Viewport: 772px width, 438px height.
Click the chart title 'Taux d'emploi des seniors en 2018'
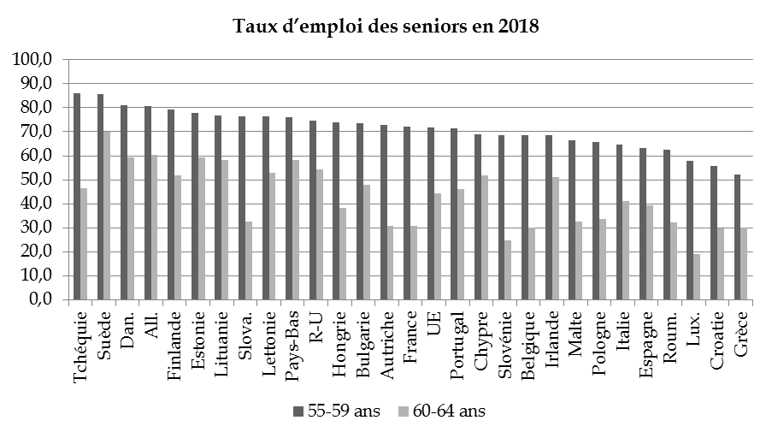[x=386, y=27]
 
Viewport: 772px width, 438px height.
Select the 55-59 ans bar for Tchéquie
[x=77, y=197]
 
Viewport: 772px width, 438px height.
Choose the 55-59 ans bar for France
[x=408, y=213]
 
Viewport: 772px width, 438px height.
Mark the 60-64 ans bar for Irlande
[x=557, y=239]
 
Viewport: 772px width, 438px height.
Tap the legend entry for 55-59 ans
[x=334, y=411]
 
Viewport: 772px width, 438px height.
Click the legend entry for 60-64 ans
[x=439, y=411]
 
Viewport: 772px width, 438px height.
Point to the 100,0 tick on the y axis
[x=32, y=60]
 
